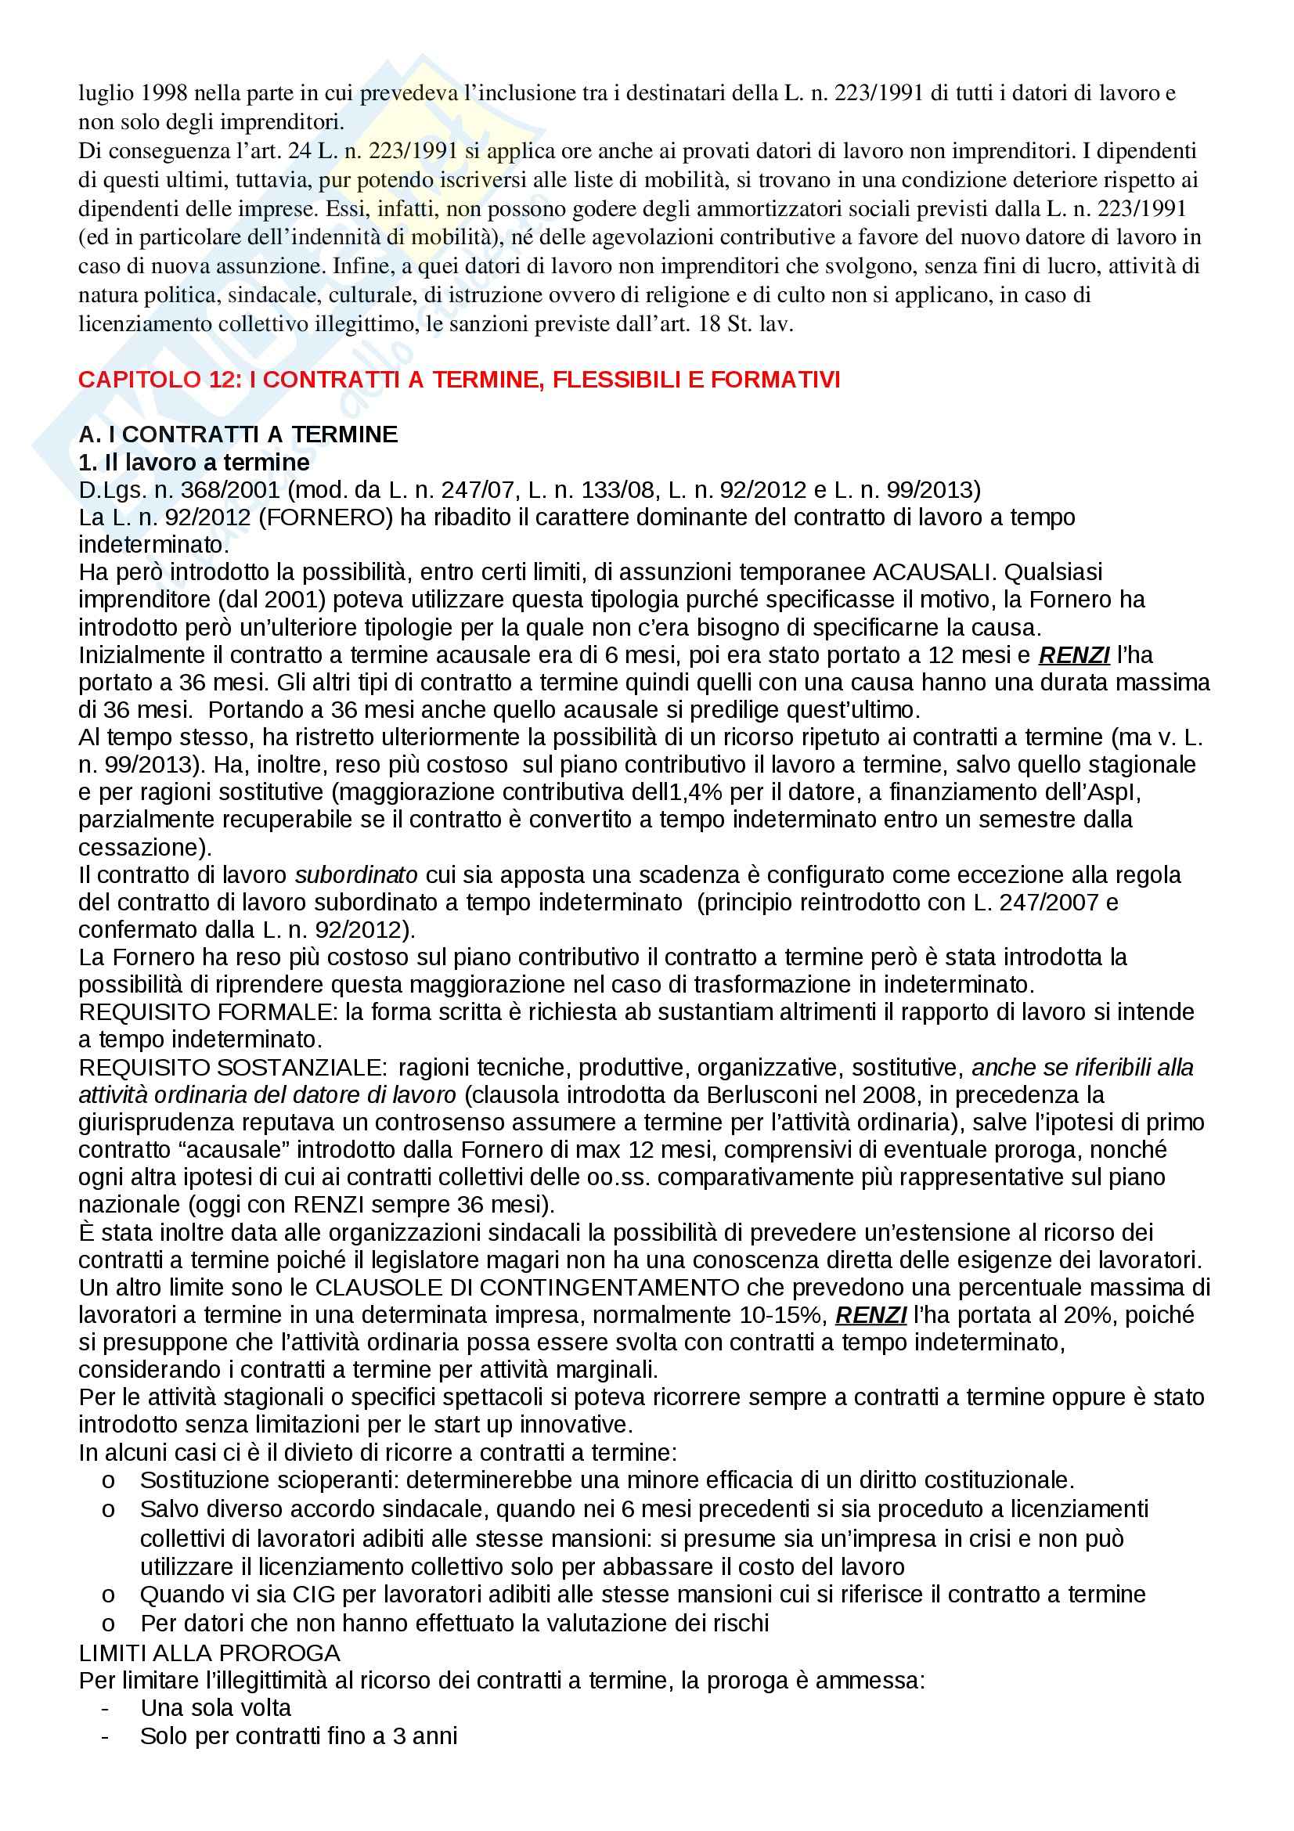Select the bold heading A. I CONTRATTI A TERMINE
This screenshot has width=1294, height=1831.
pos(238,434)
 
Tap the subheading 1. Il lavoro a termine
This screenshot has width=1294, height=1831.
pos(193,463)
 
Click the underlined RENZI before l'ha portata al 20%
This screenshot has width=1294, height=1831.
pos(870,1315)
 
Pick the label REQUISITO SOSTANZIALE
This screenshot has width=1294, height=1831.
pos(232,1067)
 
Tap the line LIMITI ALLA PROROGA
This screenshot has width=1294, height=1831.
pos(209,1653)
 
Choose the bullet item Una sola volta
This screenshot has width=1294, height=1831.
pos(215,1708)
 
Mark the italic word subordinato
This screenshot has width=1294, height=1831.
pos(355,875)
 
